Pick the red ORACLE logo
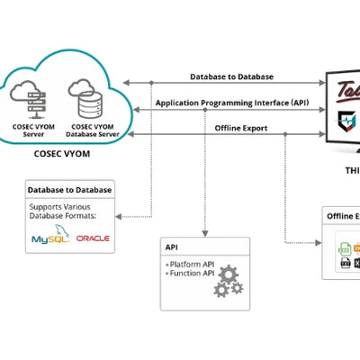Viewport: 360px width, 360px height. [x=93, y=238]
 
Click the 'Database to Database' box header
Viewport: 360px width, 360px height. [x=70, y=190]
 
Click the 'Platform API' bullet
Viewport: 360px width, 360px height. [x=192, y=263]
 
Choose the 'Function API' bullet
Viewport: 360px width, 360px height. [x=192, y=273]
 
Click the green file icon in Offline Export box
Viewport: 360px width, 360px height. [x=343, y=247]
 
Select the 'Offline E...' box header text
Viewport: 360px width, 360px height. [x=343, y=216]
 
